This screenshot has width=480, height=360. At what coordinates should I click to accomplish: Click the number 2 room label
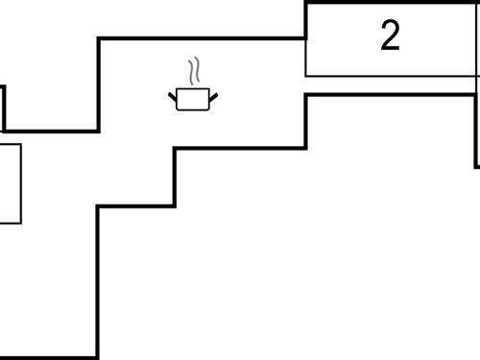point(390,36)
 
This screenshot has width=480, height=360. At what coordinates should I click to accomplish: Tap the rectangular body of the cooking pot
point(192,100)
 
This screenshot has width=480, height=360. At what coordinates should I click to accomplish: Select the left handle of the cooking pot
point(174,94)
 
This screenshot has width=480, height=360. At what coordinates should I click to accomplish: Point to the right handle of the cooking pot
point(211,94)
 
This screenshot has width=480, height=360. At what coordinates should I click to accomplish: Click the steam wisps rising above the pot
point(195,71)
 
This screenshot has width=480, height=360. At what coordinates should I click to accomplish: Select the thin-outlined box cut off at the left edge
point(10,183)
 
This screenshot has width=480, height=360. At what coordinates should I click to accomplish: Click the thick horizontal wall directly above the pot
point(202,38)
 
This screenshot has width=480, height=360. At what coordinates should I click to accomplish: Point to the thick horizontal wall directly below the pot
point(240,148)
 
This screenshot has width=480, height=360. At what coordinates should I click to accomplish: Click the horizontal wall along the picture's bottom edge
point(48,357)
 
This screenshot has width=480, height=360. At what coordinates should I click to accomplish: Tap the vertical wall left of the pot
point(99,84)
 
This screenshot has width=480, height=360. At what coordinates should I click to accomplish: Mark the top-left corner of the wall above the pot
point(99,38)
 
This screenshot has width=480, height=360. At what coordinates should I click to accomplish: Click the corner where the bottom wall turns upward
point(98,356)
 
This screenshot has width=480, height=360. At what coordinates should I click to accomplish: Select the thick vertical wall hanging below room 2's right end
point(477,130)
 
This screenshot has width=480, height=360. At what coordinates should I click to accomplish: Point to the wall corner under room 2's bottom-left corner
point(305,95)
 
